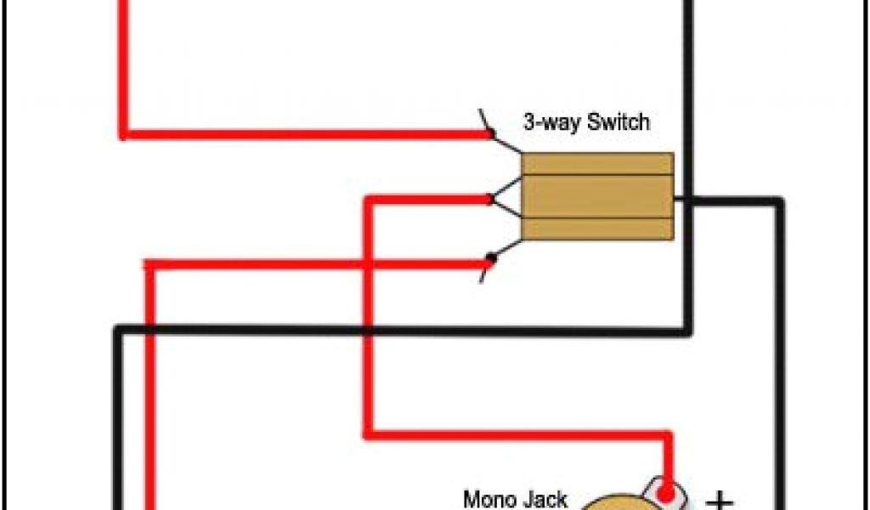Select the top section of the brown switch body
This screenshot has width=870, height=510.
[597, 164]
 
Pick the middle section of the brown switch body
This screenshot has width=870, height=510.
[597, 196]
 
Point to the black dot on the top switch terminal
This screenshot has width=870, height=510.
[490, 133]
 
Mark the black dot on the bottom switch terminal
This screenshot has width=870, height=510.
[490, 258]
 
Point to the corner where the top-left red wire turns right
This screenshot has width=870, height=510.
[124, 133]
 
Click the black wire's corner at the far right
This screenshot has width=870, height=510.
[777, 202]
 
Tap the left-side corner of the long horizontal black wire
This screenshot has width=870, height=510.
[119, 330]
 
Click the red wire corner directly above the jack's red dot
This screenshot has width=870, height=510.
[668, 435]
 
